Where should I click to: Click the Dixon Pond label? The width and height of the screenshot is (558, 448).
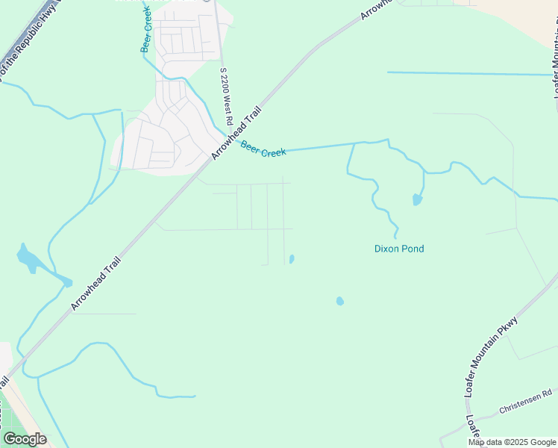[x=398, y=249]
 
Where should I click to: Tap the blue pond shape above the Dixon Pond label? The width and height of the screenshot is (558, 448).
[x=416, y=199]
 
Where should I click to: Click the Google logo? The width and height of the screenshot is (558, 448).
[x=25, y=439]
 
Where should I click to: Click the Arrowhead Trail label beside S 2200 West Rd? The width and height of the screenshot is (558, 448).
[x=236, y=132]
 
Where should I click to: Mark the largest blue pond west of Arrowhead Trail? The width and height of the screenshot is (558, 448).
[x=30, y=259]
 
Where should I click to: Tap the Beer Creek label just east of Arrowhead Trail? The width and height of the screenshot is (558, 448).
[x=263, y=150]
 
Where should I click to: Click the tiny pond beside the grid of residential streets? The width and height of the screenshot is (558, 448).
[x=292, y=259]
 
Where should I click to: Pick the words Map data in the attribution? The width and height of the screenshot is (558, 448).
[x=486, y=442]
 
